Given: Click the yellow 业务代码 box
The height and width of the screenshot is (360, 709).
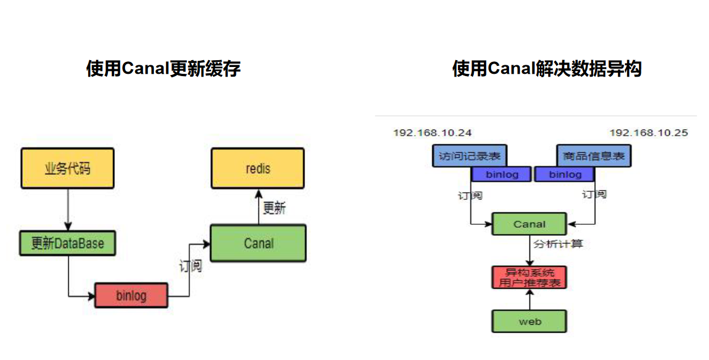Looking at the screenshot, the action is [68, 168].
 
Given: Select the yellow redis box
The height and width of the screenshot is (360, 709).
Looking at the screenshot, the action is [258, 168].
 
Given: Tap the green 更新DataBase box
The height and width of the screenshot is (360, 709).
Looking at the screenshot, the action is [68, 243].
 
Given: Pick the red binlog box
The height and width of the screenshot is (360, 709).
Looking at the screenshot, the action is [131, 295].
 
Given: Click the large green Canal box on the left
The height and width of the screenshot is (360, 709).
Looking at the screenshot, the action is [258, 243].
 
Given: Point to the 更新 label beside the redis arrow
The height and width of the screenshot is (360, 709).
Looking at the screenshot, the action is [274, 208].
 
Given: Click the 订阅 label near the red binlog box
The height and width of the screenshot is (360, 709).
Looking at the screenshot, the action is [190, 266].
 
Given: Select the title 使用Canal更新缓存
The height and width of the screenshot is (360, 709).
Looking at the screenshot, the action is [163, 68].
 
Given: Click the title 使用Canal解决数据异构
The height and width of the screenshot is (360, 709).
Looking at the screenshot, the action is [547, 68].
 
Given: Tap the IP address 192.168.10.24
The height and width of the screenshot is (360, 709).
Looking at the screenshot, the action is [432, 132].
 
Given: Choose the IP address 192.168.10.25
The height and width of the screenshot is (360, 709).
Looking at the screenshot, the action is [649, 132].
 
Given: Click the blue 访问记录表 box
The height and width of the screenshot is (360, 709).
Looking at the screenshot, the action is [470, 156].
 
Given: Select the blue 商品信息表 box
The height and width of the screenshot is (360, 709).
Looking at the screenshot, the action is [594, 156].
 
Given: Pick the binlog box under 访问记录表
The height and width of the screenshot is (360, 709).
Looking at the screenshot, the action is [502, 174].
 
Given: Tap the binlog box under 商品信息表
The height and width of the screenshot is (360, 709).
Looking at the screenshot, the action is [565, 174].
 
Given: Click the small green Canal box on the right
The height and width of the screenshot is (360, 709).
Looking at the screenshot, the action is [529, 224].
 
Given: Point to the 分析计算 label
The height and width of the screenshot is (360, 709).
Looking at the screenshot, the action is [558, 244].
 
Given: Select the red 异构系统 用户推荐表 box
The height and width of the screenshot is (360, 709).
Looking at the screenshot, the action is [529, 278].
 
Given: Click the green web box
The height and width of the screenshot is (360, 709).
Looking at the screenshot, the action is [529, 321].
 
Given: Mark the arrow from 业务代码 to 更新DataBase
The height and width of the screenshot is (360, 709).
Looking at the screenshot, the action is [68, 210].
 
